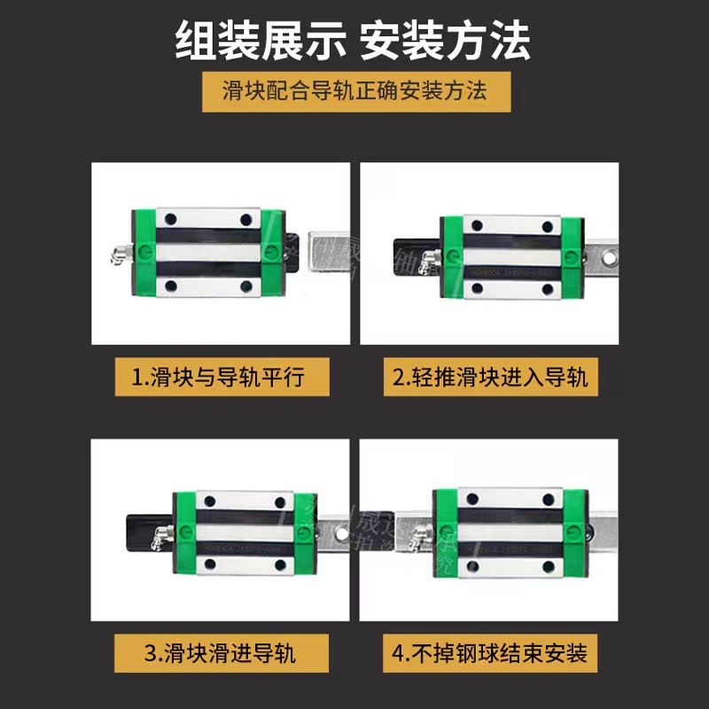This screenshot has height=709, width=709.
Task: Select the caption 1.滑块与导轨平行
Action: tap(222, 378)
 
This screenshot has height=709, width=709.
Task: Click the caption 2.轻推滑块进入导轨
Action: tap(490, 378)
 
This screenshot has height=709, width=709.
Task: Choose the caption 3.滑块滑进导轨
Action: tap(222, 655)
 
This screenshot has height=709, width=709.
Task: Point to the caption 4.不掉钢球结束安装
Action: tap(490, 655)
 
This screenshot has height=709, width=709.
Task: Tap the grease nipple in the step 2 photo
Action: tap(430, 258)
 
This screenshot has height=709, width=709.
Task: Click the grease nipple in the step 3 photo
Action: tap(163, 535)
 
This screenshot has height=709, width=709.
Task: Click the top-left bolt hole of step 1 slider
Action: tap(170, 218)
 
